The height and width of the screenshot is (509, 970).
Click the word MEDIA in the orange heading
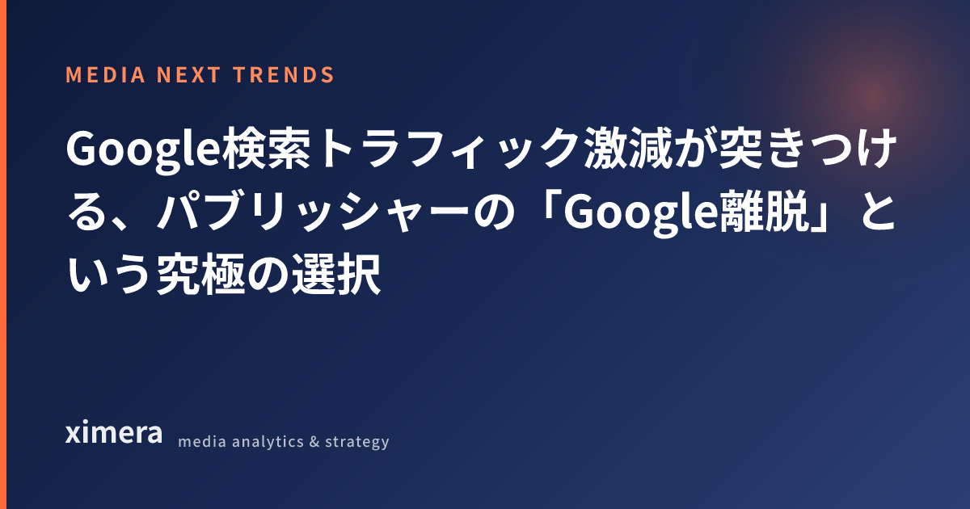(105, 75)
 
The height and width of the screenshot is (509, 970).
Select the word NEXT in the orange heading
(189, 75)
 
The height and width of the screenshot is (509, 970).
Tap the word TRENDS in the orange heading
(284, 75)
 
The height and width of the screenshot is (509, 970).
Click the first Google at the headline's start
(144, 150)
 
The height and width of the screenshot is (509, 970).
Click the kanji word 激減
(626, 148)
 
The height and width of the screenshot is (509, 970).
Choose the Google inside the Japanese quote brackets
(642, 213)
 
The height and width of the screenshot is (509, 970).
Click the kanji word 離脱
(765, 211)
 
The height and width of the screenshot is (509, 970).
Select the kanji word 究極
(201, 274)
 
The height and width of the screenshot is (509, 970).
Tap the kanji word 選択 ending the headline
(336, 274)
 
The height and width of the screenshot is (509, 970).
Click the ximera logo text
(114, 432)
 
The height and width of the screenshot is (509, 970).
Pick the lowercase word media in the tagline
(202, 441)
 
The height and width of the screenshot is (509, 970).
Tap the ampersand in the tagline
(314, 442)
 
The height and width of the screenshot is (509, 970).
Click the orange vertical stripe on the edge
(3, 254)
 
